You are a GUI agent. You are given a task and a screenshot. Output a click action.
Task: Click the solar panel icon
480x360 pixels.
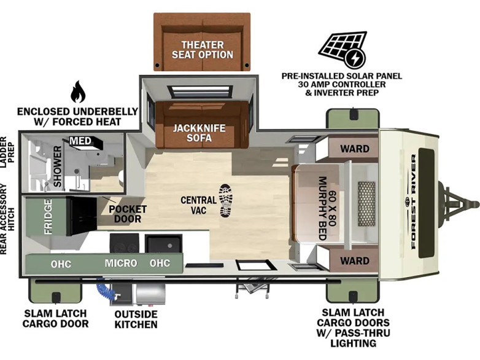pyautogui.click(x=343, y=49)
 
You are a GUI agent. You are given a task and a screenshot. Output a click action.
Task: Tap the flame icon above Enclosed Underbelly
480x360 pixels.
pyautogui.click(x=78, y=92)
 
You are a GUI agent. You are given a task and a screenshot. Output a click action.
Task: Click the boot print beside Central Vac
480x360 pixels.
pyautogui.click(x=226, y=201)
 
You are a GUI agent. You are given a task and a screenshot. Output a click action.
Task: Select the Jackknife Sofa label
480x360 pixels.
pyautogui.click(x=199, y=133)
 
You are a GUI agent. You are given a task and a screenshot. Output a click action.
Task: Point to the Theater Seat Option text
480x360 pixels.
pyautogui.click(x=203, y=50)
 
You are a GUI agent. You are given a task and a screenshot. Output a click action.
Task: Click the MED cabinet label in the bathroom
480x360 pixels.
pyautogui.click(x=80, y=141)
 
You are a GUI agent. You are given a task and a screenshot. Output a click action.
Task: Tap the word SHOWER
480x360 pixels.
pyautogui.click(x=58, y=166)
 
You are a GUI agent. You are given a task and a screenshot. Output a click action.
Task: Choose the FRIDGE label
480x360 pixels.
pyautogui.click(x=48, y=217)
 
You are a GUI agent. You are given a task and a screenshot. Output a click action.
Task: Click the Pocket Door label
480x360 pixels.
pyautogui.click(x=128, y=214)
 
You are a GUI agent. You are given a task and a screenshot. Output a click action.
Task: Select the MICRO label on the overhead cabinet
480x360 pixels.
pyautogui.click(x=121, y=263)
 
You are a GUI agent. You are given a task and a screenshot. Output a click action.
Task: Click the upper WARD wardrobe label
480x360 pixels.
pyautogui.click(x=355, y=149)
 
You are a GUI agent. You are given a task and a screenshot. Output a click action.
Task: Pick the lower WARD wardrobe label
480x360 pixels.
pyautogui.click(x=355, y=261)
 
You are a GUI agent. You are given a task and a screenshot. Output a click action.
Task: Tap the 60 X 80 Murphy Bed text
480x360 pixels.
pyautogui.click(x=327, y=208)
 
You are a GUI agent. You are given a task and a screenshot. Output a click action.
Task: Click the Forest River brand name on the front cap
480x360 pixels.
pyautogui.click(x=413, y=202)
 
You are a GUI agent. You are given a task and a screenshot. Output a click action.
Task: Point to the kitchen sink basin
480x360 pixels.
pyautogui.click(x=163, y=244)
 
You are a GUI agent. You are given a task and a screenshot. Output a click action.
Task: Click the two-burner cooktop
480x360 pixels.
pyautogui.click(x=124, y=243)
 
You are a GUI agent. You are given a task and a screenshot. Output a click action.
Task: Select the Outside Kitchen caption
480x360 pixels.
pyautogui.click(x=136, y=319)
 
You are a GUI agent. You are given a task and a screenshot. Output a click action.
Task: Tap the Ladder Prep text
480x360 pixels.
pyautogui.click(x=7, y=152)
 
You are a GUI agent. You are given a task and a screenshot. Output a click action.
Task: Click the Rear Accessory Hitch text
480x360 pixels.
pyautogui.click(x=7, y=219)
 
